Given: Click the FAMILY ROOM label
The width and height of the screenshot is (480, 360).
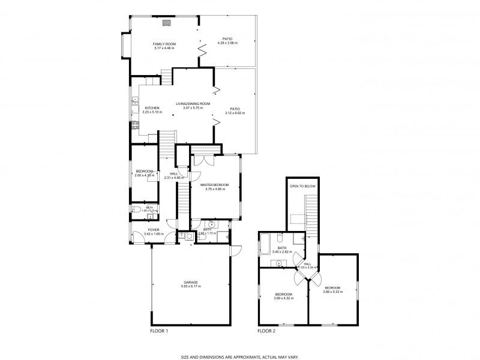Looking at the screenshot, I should [x=164, y=44].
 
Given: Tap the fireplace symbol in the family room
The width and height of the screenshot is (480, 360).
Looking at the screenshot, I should [x=167, y=23].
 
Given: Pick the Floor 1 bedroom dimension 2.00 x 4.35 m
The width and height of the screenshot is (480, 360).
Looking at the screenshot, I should [x=145, y=175].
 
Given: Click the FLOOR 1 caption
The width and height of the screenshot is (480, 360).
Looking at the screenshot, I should [x=158, y=331].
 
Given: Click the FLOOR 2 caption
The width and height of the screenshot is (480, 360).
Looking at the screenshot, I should [x=266, y=331].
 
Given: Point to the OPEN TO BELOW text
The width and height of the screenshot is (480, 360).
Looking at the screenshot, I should [x=302, y=187].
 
